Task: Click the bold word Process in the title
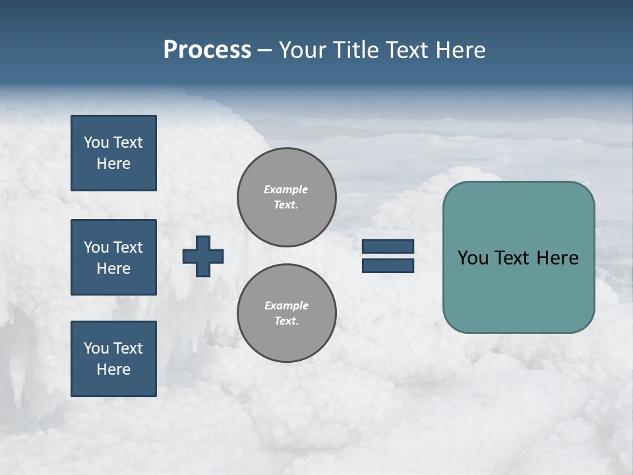coord(207,50)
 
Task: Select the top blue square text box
coord(113,153)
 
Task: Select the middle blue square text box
coord(113,257)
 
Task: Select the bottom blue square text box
coord(113,358)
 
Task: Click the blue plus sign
coord(203,256)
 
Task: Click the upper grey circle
coord(287,197)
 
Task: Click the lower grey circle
coord(287,313)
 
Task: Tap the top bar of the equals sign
coord(388,246)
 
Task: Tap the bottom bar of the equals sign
coord(388,265)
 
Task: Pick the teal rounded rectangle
coord(518,290)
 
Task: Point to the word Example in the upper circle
coord(286,189)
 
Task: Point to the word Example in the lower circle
coord(286,305)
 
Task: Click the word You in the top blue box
coord(96,142)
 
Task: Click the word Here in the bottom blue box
coord(113,369)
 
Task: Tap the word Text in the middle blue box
coord(127,247)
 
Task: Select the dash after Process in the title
coord(265,50)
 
